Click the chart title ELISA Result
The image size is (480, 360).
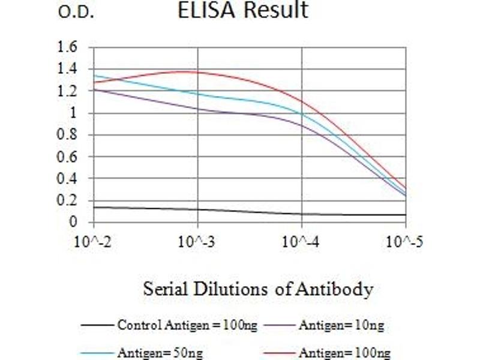tap(243, 11)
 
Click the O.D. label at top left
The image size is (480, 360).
tap(76, 13)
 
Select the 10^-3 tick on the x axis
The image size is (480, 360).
tap(197, 242)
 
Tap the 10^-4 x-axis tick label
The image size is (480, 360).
tap(301, 242)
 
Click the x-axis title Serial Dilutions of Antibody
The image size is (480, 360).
tap(258, 290)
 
